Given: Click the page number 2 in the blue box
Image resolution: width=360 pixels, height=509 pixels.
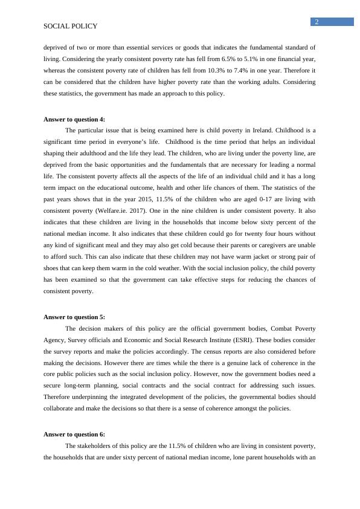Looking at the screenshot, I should coord(317,22).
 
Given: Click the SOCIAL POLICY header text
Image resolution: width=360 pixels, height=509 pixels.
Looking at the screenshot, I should coord(71,27).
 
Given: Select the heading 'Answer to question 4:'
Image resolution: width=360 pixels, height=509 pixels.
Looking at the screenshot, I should coord(74,119).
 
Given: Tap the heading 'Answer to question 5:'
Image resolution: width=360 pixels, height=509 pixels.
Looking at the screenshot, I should coord(74,317).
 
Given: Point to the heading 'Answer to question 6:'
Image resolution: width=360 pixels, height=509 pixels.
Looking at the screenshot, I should coord(74,434).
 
